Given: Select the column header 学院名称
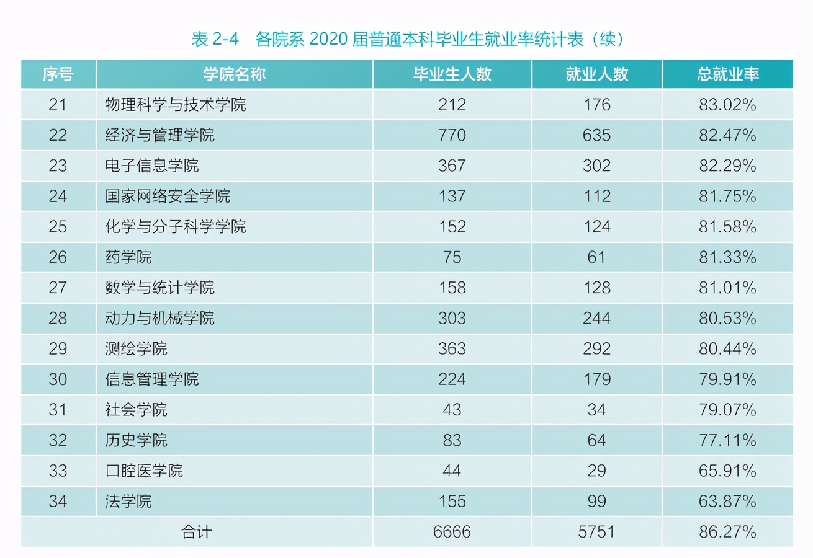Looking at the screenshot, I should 234,74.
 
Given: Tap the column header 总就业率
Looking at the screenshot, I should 727,74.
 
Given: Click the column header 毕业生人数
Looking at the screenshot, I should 452,74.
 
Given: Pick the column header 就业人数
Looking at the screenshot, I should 596,74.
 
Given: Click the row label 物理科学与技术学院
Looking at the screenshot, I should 176,105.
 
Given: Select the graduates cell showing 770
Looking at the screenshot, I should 452,135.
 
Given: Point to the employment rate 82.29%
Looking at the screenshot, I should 727,166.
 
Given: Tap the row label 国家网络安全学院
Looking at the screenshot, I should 168,197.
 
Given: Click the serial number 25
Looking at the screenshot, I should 58,227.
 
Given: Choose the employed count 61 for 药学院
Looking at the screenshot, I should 596,257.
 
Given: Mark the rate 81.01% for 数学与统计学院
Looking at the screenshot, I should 727,288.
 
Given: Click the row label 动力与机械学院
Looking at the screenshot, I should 159,319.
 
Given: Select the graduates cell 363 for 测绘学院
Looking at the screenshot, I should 452,349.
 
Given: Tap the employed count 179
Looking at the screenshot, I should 596,379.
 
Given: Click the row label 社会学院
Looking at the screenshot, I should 136,410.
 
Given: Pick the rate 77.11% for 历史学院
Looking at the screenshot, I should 727,441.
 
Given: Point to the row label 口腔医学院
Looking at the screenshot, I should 144,471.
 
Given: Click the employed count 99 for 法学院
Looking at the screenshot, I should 596,502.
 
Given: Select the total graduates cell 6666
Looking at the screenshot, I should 452,532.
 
